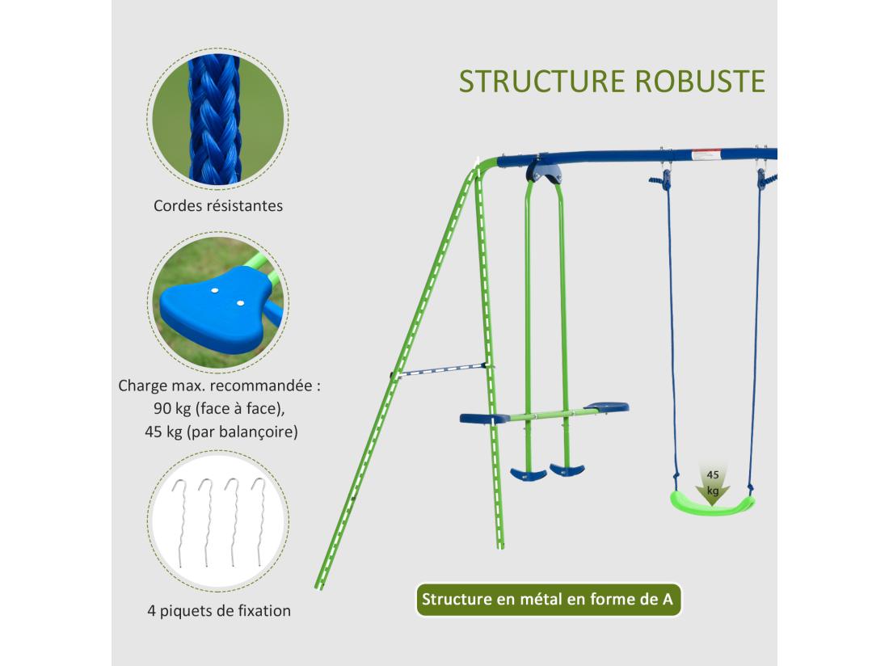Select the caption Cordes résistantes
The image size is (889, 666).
click(218, 205)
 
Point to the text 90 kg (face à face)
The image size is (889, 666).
click(218, 408)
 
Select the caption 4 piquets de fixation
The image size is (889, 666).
click(218, 610)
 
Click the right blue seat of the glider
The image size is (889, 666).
click(606, 407)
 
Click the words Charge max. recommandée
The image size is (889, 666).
click(218, 385)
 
